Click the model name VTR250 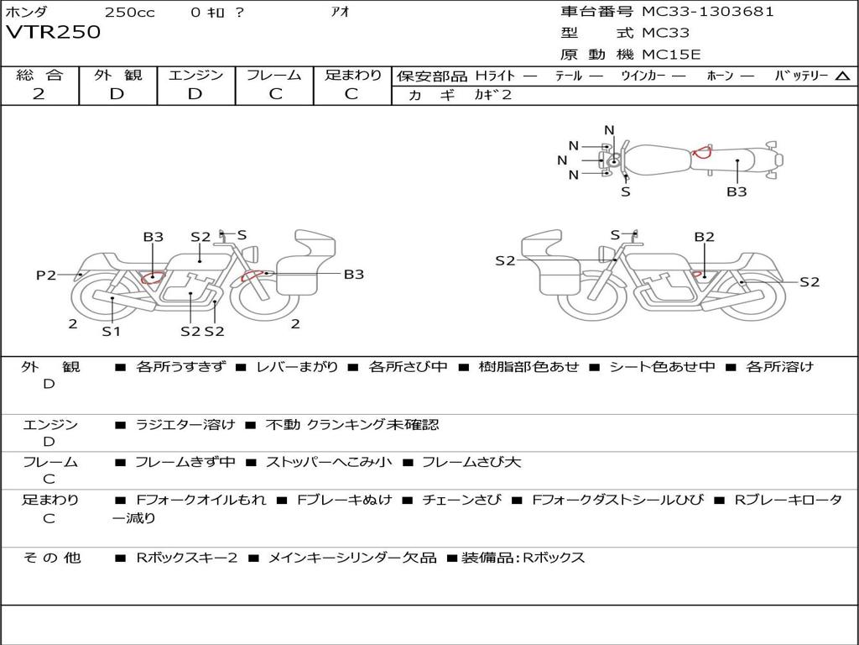pos(53,33)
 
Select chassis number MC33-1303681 pos(707,12)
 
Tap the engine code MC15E pos(671,55)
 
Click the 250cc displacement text pos(129,12)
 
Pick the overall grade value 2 pos(39,94)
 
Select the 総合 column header pos(39,75)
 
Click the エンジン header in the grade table pos(196,75)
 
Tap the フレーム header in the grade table pos(274,75)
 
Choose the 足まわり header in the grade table pos(352,75)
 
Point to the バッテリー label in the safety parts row pos(801,76)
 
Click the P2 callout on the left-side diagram pos(46,275)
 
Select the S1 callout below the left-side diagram pos(112,331)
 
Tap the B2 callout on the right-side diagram pos(704,237)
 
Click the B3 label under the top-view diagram pos(737,191)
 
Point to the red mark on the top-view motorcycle pos(701,152)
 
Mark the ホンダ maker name pos(27,12)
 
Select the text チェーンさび pos(461,500)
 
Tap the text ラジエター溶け pos(185,425)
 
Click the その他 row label pos(51,558)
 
